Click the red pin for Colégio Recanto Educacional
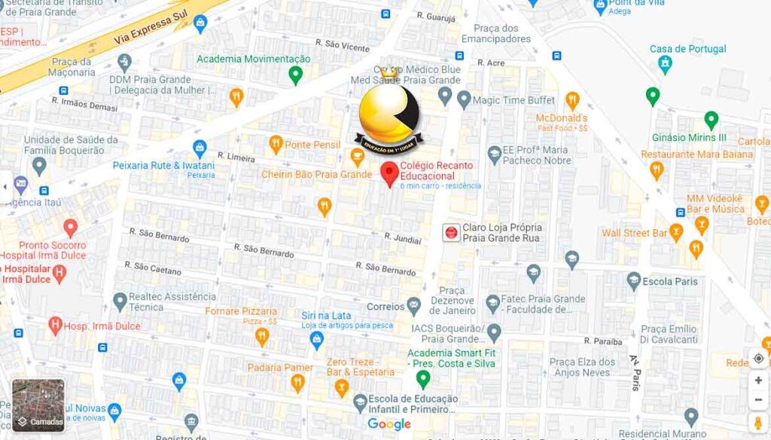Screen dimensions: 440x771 click(x=389, y=174)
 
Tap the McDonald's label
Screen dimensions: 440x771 click(x=561, y=118)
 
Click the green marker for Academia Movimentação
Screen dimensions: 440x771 click(x=296, y=75)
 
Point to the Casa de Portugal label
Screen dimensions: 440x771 click(x=687, y=49)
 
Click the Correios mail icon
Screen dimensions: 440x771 click(x=413, y=306)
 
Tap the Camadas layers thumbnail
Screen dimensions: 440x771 click(x=38, y=405)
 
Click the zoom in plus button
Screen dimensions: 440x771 click(x=758, y=380)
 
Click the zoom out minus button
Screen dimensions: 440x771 click(x=758, y=399)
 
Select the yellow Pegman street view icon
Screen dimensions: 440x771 click(x=758, y=422)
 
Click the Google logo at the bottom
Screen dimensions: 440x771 click(x=389, y=425)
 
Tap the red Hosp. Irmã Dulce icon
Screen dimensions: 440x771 click(x=54, y=325)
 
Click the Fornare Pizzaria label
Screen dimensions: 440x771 click(x=241, y=311)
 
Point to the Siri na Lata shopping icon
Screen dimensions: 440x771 click(x=317, y=340)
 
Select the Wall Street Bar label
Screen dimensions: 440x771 click(x=634, y=233)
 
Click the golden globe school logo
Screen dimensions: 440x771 click(x=389, y=113)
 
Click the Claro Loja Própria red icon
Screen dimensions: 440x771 click(x=451, y=233)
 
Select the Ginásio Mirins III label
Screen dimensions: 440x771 click(x=689, y=138)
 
